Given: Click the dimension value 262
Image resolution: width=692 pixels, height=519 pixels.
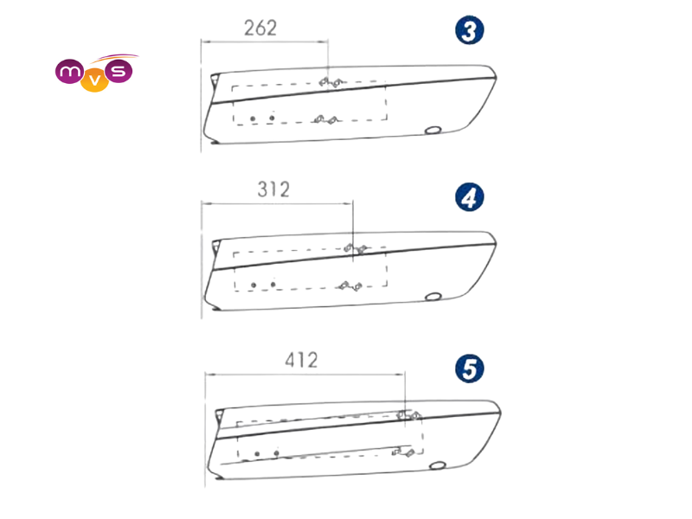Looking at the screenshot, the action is pos(260,29).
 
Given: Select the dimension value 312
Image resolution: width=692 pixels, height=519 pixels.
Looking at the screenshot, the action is pos(273,189).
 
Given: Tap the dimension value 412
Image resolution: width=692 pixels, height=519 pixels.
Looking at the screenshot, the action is pos(301,360).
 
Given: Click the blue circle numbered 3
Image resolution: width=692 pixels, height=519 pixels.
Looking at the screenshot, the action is pos(470,30).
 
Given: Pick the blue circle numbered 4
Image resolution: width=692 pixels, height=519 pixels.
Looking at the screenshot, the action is pos(470,197).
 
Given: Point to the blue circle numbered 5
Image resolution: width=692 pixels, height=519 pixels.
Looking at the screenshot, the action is pos(470,368).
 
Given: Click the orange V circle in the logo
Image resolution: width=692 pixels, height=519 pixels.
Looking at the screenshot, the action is pos(94,81).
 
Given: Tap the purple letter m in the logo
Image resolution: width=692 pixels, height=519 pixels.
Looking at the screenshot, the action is pos(69,71).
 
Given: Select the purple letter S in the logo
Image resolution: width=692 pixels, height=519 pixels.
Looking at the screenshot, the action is pos(119,72).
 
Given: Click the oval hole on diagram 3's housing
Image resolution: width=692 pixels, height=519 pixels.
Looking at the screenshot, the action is pos(433,131).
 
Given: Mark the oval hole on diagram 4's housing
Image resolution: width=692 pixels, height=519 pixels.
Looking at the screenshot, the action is pos(433,297).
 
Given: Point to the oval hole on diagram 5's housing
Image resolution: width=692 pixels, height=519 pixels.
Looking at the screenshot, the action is pos(438,465).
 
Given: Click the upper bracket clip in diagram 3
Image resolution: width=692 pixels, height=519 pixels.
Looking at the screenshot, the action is pos(331,82).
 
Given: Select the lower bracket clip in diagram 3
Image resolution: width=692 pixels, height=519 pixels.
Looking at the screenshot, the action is pos(326,119).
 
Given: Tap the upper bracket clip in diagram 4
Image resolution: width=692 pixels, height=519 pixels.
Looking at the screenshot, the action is pos(356,248).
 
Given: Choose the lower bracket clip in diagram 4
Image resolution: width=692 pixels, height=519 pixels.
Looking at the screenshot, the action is pos(350,286).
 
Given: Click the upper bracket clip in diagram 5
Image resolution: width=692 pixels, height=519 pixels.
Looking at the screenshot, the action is pos(409,415).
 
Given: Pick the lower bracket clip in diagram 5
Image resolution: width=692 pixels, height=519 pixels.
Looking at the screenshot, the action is pos(403,452).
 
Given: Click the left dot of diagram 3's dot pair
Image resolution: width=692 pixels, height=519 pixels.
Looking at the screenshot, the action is pos(253,119).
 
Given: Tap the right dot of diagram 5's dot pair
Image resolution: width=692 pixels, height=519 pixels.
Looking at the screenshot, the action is pos(276,453).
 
